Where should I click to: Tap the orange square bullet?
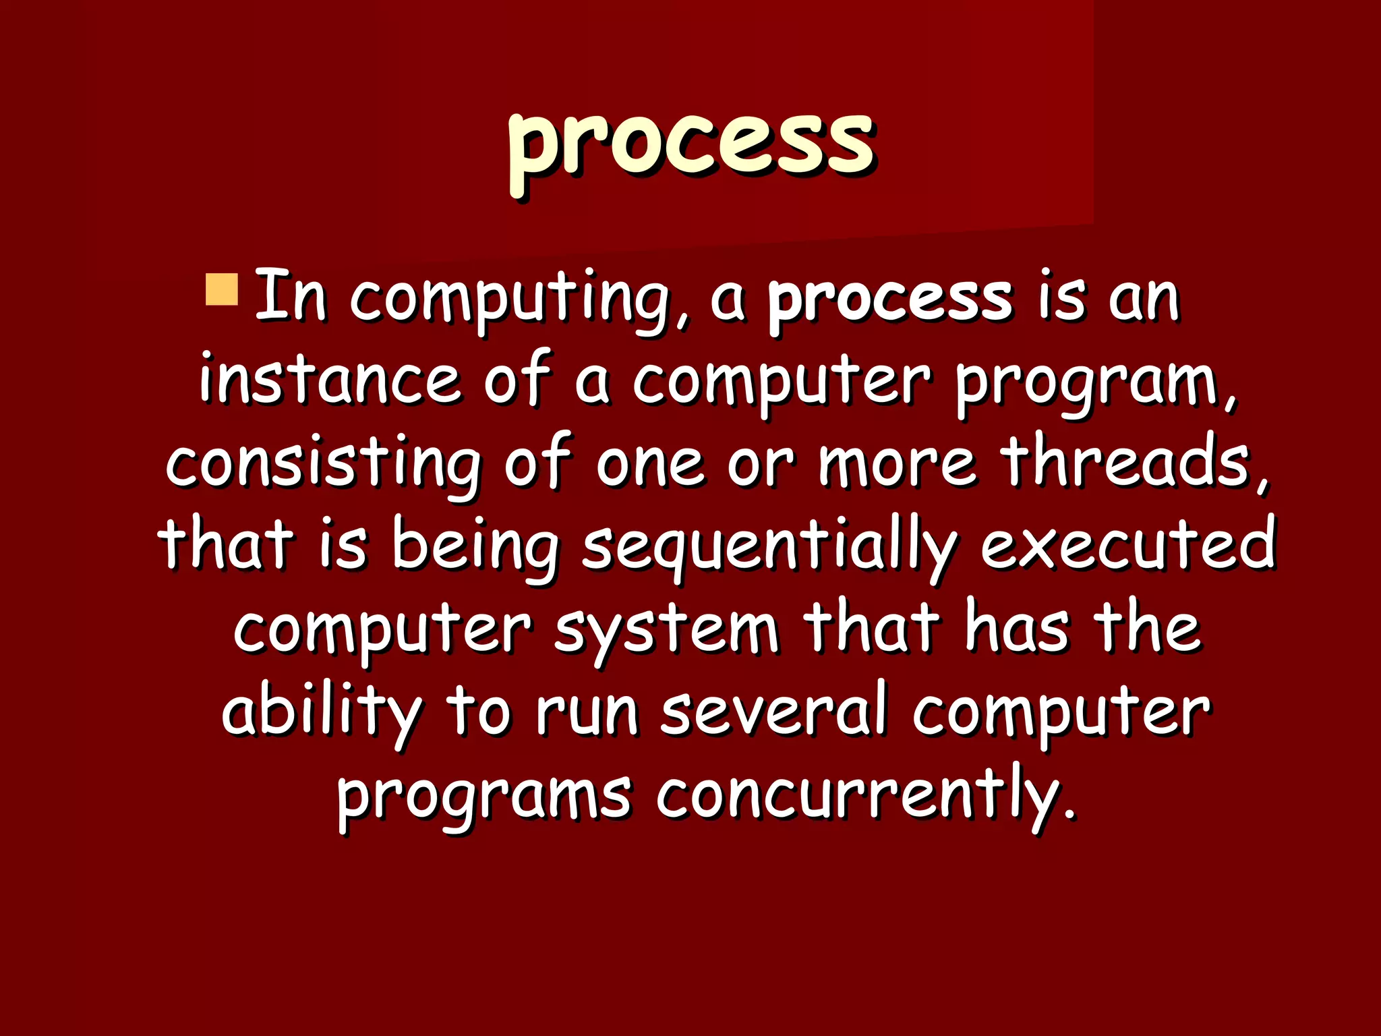[221, 289]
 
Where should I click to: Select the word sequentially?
[769, 546]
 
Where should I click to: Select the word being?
[475, 546]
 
